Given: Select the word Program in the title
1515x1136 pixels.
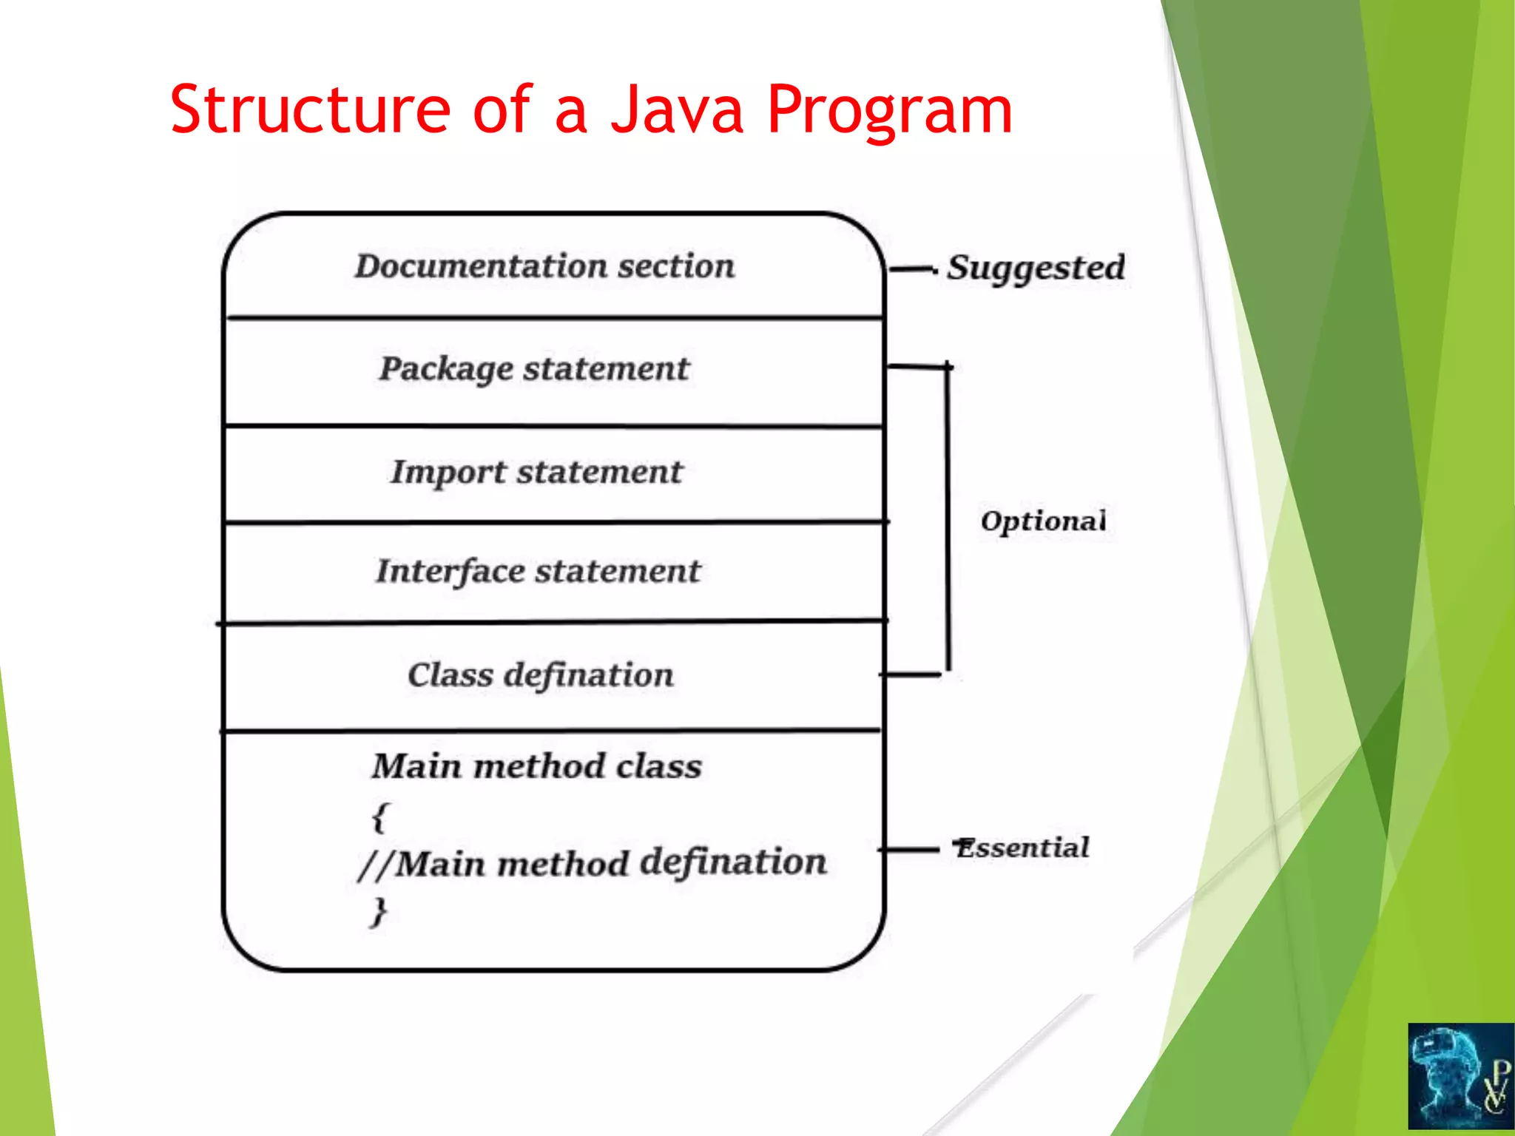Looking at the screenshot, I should tap(889, 111).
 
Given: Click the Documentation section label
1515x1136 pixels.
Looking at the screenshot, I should tap(545, 266).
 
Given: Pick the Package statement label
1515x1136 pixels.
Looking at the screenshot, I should tap(534, 368).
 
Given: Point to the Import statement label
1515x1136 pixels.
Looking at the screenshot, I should tap(536, 472).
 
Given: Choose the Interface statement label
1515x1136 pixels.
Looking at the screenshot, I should tap(538, 571).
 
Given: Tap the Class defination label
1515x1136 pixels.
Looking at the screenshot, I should tap(541, 674).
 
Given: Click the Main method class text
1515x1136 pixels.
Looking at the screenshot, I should tap(537, 766).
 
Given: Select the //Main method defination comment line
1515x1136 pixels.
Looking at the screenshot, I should tap(592, 863).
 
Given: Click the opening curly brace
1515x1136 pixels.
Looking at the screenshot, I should tap(379, 816).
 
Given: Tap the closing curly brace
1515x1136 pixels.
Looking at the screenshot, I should tap(379, 911).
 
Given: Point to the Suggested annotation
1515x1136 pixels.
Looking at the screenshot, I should tap(1036, 268).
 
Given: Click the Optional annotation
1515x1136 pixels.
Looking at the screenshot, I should tap(1043, 521).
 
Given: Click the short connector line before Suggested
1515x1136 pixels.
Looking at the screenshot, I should tap(911, 270).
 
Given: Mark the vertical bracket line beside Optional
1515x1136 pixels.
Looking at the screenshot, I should tap(948, 518).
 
